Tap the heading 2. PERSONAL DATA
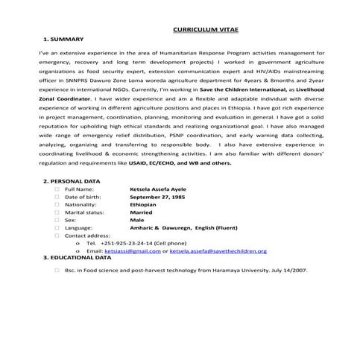coord(72,202)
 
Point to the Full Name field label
coord(80,211)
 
